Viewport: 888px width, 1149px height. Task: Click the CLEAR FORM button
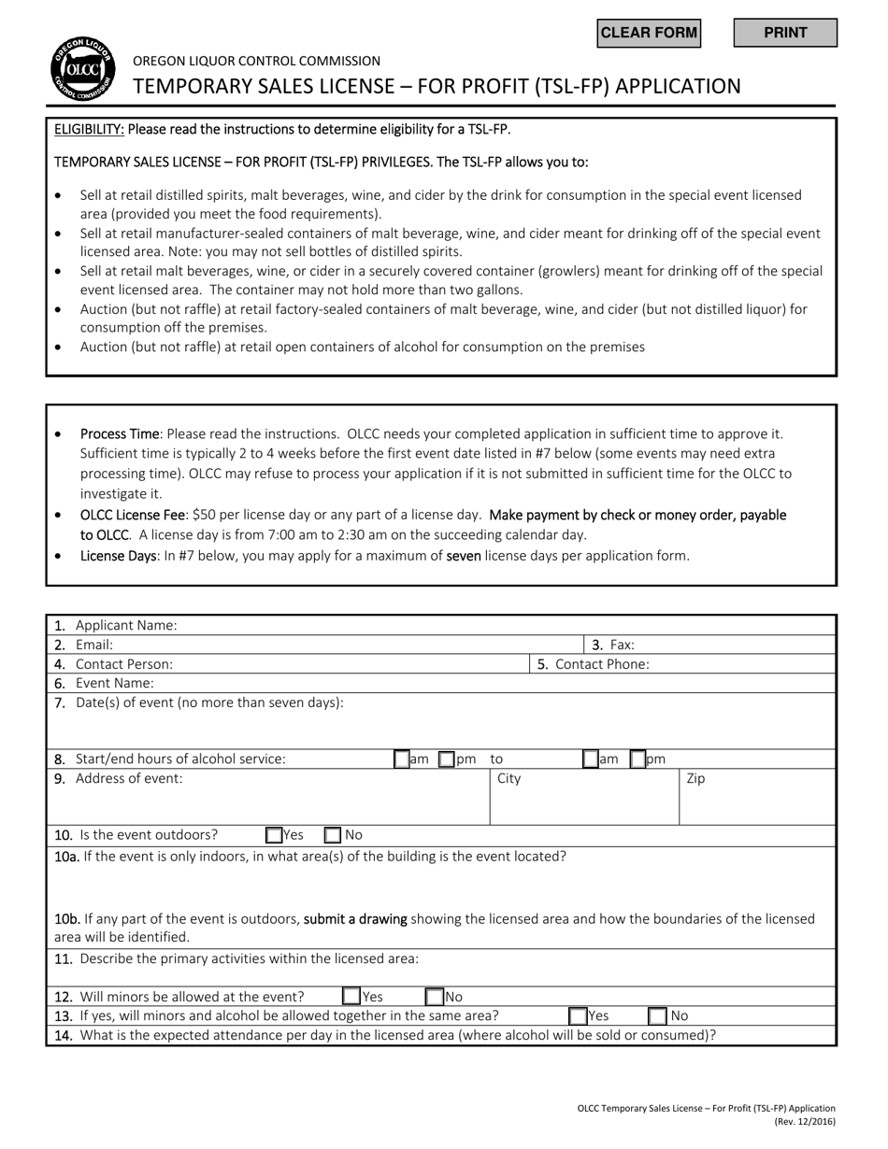pyautogui.click(x=649, y=33)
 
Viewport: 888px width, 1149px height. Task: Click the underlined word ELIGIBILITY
pyautogui.click(x=89, y=129)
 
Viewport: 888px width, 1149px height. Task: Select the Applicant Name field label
pyautogui.click(x=125, y=625)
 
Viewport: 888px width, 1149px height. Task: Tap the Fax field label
pyautogui.click(x=622, y=645)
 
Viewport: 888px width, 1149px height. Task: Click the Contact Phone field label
pyautogui.click(x=602, y=664)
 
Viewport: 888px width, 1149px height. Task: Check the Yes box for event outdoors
pyautogui.click(x=274, y=835)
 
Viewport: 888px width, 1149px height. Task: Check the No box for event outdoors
pyautogui.click(x=333, y=835)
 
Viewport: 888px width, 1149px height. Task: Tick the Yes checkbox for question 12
pyautogui.click(x=351, y=997)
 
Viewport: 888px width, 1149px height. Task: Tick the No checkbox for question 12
pyautogui.click(x=435, y=997)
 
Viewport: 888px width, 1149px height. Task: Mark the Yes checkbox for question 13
pyautogui.click(x=578, y=1015)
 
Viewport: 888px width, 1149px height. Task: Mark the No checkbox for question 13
pyautogui.click(x=658, y=1015)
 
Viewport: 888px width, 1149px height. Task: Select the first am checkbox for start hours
pyautogui.click(x=401, y=759)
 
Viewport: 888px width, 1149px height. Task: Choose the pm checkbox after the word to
pyautogui.click(x=637, y=759)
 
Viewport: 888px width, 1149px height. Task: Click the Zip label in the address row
pyautogui.click(x=695, y=778)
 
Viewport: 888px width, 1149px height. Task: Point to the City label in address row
pyautogui.click(x=508, y=778)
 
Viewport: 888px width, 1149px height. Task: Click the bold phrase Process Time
pyautogui.click(x=120, y=433)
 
